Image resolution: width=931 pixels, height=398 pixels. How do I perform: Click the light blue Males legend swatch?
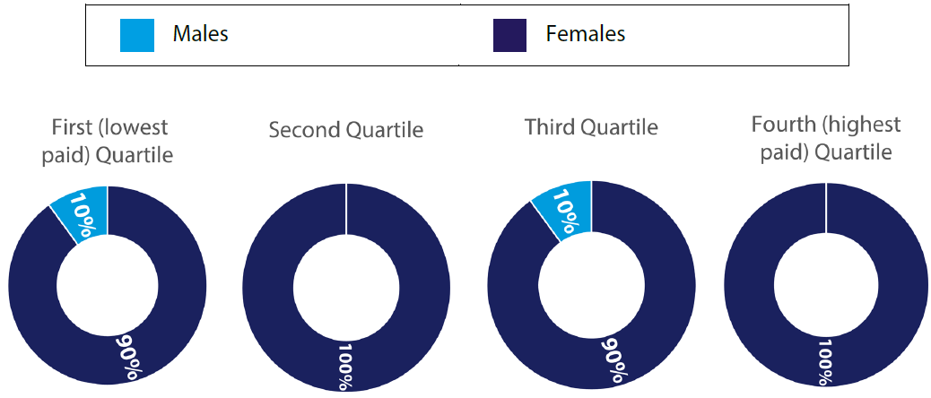click(x=137, y=35)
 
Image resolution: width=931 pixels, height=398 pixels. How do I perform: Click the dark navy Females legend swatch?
click(x=510, y=35)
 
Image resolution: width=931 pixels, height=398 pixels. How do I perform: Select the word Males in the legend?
click(x=201, y=34)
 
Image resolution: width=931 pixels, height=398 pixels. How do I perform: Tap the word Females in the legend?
click(x=586, y=34)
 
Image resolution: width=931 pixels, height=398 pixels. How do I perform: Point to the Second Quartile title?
click(x=346, y=130)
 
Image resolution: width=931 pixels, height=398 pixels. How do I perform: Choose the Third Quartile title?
click(x=591, y=127)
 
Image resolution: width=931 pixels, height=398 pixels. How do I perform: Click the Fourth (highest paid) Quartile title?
click(x=826, y=139)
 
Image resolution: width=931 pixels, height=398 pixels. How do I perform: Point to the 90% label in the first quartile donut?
click(x=128, y=357)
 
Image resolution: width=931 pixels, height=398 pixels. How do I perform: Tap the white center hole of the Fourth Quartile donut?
click(x=826, y=286)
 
